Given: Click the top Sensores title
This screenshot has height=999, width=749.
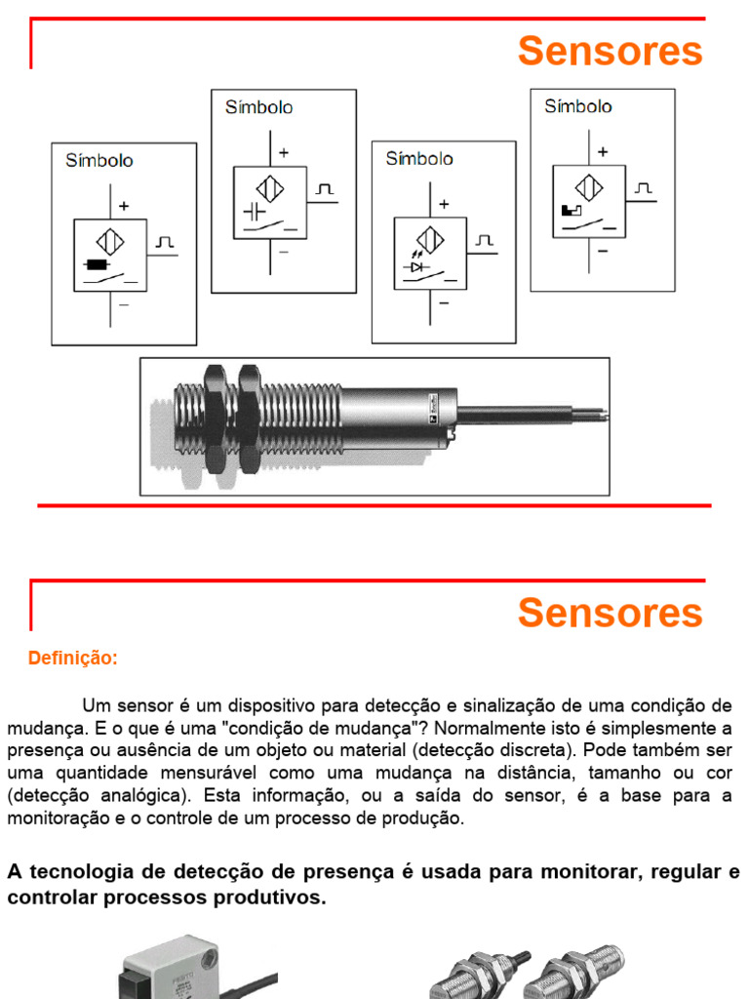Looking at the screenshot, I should pyautogui.click(x=610, y=51).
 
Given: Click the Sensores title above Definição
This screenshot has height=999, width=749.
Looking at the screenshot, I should pyautogui.click(x=610, y=613).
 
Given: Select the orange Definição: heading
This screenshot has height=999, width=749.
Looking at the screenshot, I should pyautogui.click(x=73, y=659).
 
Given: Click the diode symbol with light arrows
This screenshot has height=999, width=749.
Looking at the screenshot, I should pyautogui.click(x=417, y=265).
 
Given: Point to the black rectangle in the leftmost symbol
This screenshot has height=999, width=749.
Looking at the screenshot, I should pyautogui.click(x=97, y=264).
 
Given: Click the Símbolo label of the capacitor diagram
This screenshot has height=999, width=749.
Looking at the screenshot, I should pyautogui.click(x=258, y=107).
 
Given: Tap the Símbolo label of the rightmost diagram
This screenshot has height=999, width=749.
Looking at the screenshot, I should pyautogui.click(x=578, y=106).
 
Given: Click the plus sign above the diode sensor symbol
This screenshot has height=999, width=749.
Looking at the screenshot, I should pyautogui.click(x=444, y=204).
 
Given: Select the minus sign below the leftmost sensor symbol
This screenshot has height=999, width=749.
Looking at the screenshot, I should pyautogui.click(x=124, y=304).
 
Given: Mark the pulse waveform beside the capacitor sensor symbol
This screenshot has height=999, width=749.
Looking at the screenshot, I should pyautogui.click(x=325, y=187).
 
